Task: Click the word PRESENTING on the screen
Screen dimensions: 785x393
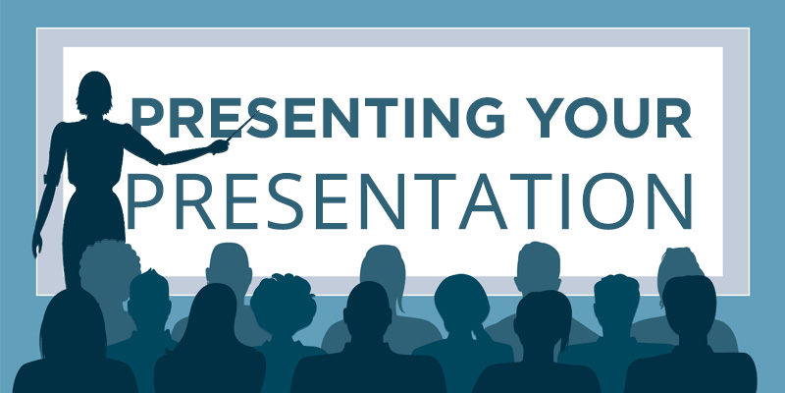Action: (317, 118)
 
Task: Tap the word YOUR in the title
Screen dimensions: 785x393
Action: (610, 118)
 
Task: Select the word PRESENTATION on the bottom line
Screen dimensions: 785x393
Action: (409, 200)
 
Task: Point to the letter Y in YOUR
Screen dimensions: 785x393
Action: (549, 118)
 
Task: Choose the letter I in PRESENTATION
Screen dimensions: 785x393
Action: (566, 201)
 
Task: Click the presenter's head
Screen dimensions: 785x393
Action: (93, 93)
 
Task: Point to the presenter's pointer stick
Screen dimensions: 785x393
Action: (242, 126)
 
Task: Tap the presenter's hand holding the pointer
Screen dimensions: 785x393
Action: (219, 146)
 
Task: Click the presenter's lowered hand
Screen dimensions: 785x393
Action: (37, 245)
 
